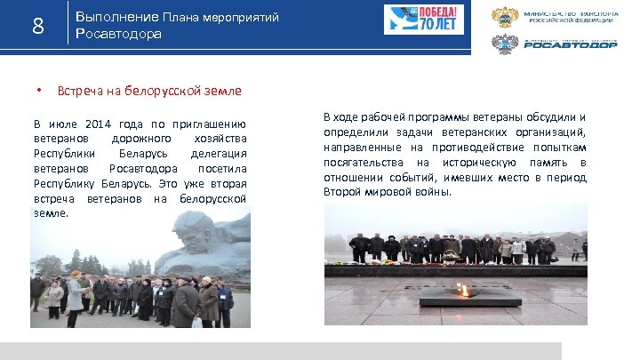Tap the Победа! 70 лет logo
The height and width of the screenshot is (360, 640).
(x=412, y=20)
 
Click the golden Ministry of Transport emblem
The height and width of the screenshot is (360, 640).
(x=505, y=18)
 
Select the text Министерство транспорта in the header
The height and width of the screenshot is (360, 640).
(x=570, y=14)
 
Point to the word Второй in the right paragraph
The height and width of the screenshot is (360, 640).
(x=340, y=192)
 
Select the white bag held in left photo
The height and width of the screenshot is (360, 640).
(x=196, y=322)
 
